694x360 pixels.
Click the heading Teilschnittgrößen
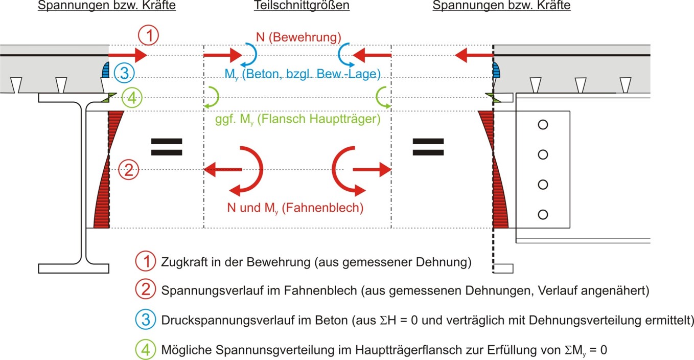tap(302, 5)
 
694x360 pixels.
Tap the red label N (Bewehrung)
tap(298, 37)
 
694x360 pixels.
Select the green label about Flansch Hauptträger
tap(298, 119)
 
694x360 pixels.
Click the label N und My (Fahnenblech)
tap(295, 208)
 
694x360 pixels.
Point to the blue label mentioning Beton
tap(303, 75)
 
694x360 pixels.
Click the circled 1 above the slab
tap(148, 35)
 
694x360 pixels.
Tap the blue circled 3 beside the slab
tap(124, 73)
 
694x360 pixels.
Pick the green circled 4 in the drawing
tap(132, 98)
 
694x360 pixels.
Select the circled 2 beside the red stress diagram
tap(129, 170)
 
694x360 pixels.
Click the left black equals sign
tap(167, 147)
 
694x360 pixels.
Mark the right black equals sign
tap(428, 147)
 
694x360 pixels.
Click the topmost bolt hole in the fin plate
tap(543, 125)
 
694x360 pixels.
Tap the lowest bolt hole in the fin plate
tap(543, 215)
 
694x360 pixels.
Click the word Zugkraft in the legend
tap(183, 262)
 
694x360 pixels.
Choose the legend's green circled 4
tap(145, 350)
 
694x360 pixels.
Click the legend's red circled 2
tap(145, 289)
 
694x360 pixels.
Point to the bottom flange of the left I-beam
tap(74, 268)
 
